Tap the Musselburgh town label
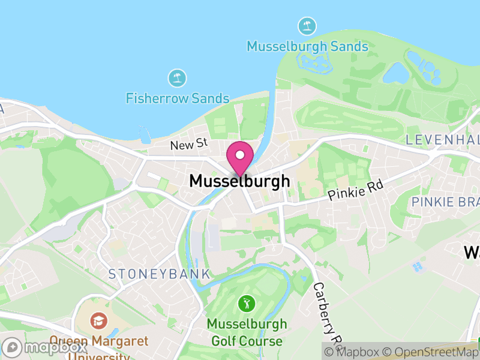(239, 181)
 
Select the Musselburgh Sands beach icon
(307, 26)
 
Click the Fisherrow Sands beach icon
(177, 77)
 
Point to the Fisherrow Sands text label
(178, 98)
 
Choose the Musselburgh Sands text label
(307, 46)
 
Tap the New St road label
(188, 145)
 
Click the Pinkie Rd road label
(355, 191)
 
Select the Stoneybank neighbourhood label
(159, 274)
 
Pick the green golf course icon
(246, 303)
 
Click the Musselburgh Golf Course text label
(247, 332)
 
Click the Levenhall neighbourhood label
(443, 140)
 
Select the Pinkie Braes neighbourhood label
(445, 202)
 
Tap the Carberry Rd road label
(326, 309)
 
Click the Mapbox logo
(46, 347)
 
